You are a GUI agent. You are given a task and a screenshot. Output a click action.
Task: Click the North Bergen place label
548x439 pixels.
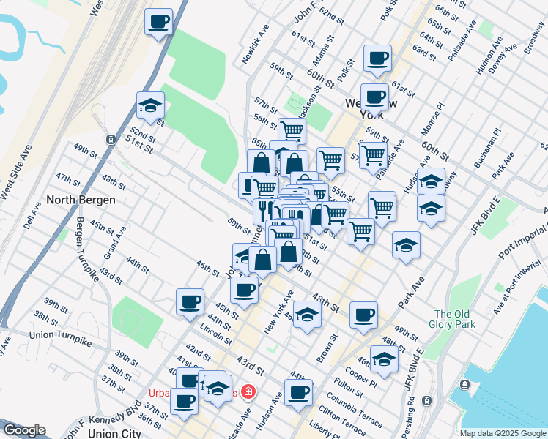pos(81,199)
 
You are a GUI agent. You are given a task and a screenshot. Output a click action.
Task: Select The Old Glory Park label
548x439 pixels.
pos(454,318)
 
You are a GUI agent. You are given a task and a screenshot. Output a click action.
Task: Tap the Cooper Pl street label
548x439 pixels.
pos(363,375)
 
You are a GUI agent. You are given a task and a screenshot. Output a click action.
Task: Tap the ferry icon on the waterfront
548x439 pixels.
pos(464,385)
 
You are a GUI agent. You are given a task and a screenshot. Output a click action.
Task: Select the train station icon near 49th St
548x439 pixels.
pos(111,139)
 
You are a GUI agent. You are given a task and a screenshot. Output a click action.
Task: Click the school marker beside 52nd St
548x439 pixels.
pos(150,105)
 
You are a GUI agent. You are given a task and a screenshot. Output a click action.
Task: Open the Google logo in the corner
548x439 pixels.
pos(23,430)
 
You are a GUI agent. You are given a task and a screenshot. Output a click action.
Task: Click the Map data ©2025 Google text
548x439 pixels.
pos(502,433)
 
